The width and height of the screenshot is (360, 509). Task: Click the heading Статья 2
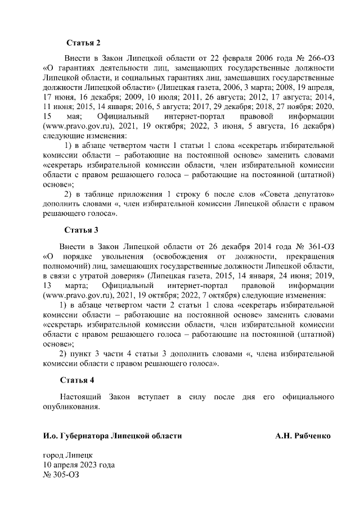(x=83, y=43)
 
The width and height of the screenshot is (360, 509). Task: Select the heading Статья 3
(x=81, y=230)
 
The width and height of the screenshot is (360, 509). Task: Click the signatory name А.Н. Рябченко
(x=303, y=436)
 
